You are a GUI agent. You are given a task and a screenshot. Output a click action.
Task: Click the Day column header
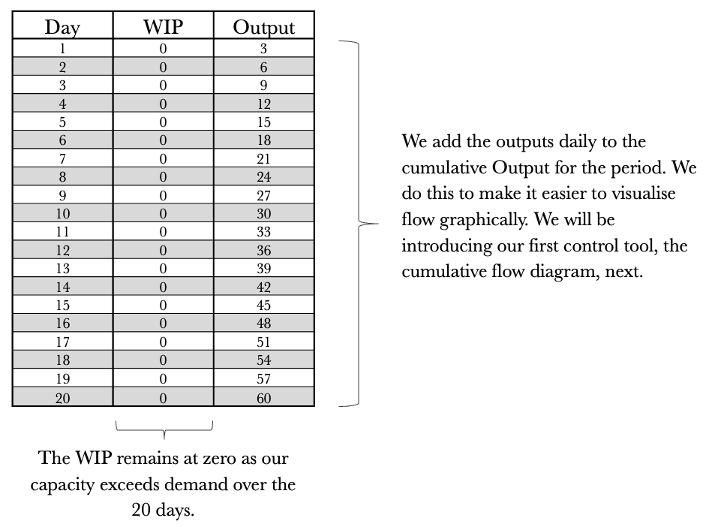click(62, 27)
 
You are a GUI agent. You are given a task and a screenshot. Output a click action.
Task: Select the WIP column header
click(163, 27)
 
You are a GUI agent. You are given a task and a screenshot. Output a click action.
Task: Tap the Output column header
click(263, 27)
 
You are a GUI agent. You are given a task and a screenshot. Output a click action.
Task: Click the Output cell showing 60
click(263, 399)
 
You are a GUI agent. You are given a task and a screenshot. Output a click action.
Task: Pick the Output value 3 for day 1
click(263, 49)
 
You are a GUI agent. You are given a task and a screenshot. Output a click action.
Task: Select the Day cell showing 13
click(62, 269)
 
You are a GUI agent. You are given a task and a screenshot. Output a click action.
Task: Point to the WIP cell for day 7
click(163, 158)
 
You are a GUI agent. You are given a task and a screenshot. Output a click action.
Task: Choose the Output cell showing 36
click(263, 251)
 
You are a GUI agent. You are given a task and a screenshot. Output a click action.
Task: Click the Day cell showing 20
click(62, 399)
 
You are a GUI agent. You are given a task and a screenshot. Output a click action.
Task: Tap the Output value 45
click(263, 306)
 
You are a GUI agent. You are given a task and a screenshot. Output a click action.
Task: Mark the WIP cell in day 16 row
click(163, 324)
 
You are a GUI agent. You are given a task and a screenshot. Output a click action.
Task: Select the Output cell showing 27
click(263, 195)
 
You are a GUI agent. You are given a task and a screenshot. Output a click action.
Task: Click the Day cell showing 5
click(62, 122)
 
